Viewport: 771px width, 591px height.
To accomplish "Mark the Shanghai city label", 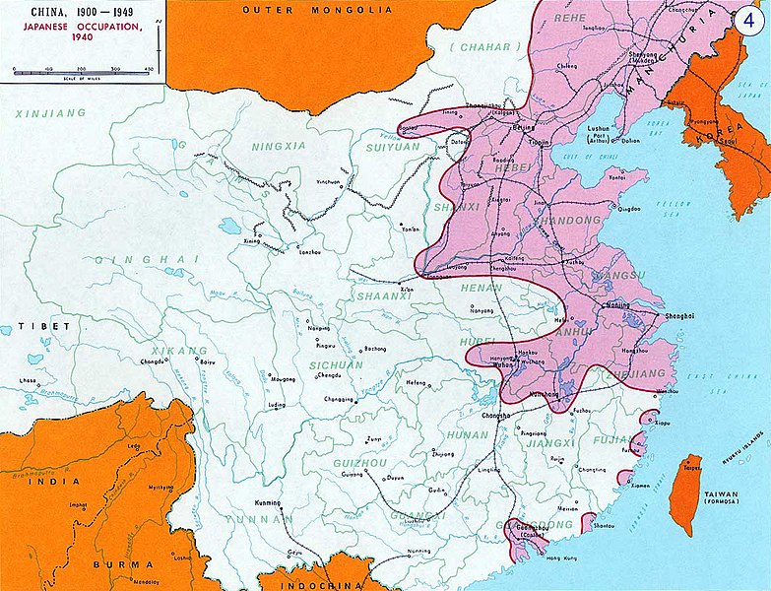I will (x=679, y=316).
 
